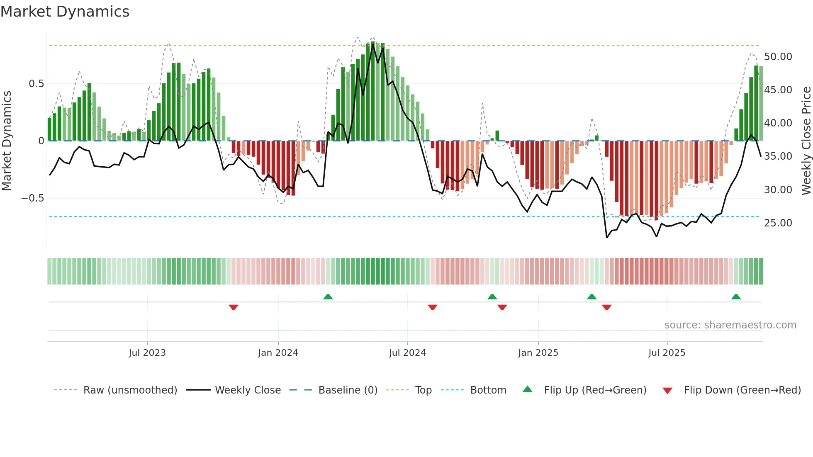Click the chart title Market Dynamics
click(x=65, y=12)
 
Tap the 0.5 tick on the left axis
click(x=36, y=84)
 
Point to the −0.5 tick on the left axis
click(x=33, y=198)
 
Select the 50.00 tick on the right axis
click(x=778, y=57)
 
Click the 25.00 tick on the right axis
click(x=778, y=223)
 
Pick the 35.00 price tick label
click(x=778, y=156)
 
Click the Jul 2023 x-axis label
click(x=147, y=353)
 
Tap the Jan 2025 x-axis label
click(x=538, y=353)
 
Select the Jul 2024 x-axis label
click(x=407, y=353)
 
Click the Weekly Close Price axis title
click(x=806, y=141)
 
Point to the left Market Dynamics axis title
click(x=7, y=141)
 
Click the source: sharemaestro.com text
click(x=730, y=325)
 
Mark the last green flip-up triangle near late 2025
click(x=736, y=297)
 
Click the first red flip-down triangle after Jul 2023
click(x=234, y=307)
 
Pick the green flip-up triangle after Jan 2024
click(x=328, y=297)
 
